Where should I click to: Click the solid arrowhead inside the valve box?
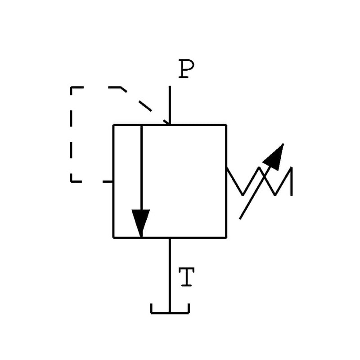coord(141,223)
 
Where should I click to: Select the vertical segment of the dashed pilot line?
coord(72,135)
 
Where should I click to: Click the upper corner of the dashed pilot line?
coord(72,88)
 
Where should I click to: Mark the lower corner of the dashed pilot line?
coord(72,181)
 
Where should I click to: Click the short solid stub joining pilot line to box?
coord(108,181)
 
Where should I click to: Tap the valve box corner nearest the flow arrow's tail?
coord(113,125)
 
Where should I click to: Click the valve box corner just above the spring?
coord(226,125)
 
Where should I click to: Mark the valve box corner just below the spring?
coord(226,237)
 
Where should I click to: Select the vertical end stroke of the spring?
coord(292,181)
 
